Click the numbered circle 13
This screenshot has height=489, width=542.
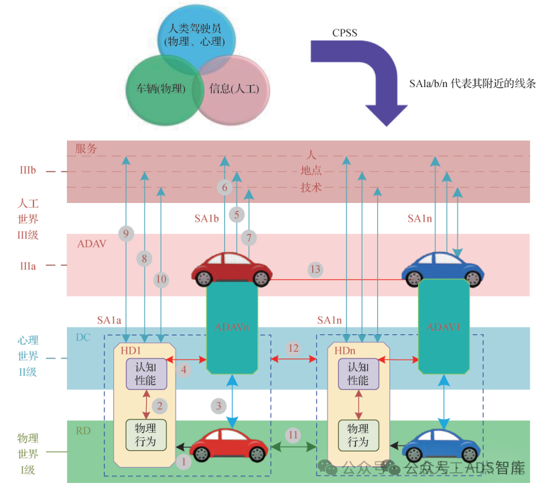315,269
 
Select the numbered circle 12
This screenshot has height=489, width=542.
293,348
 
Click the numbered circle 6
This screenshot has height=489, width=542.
225,188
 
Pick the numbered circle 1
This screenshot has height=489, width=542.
182,461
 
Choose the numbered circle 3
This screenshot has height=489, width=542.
218,405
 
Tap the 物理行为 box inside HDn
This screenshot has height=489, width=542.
358,434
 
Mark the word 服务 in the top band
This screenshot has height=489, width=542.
86,149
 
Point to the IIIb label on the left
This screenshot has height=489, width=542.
27,172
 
